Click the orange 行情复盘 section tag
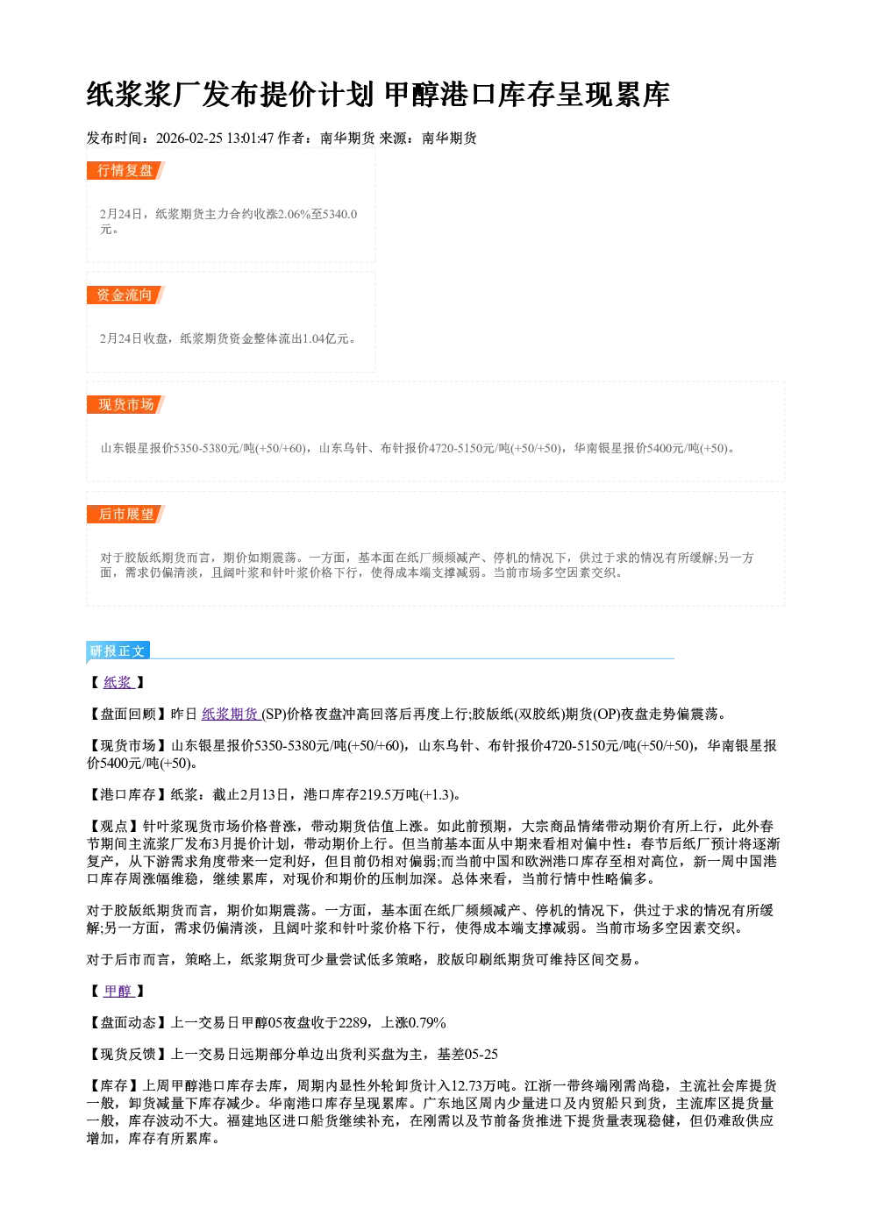click(x=125, y=170)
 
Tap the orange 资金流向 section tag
click(x=125, y=295)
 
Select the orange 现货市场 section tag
click(x=125, y=405)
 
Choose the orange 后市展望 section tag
click(x=125, y=514)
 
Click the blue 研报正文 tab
click(x=118, y=651)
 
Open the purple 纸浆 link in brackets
click(x=118, y=682)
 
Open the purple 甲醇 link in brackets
click(x=118, y=991)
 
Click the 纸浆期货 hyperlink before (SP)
click(x=231, y=714)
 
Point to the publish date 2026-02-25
click(x=189, y=138)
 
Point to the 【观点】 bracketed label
click(x=114, y=826)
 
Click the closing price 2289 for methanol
click(x=353, y=1022)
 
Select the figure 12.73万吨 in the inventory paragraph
click(x=482, y=1085)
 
